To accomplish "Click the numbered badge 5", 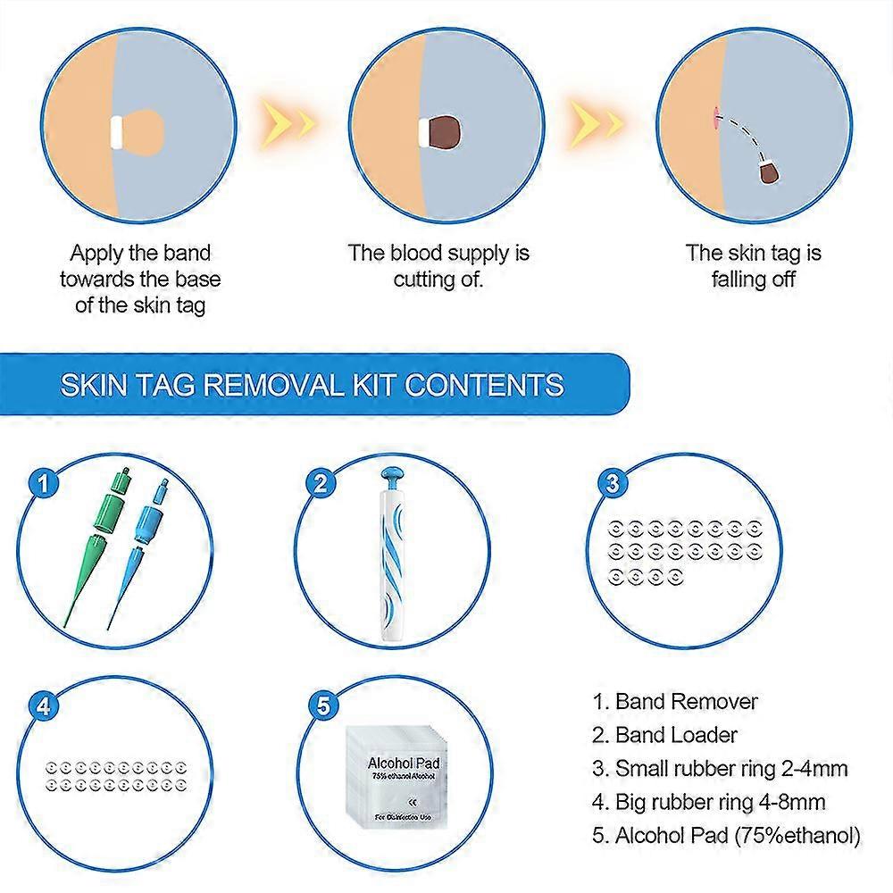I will [x=322, y=705].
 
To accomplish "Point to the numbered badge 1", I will [x=41, y=483].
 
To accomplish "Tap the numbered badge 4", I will [x=41, y=705].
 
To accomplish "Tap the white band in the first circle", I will [x=116, y=131].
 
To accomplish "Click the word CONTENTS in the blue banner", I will [x=484, y=385].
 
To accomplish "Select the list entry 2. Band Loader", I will [x=665, y=735].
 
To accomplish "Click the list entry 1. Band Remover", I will [x=675, y=701].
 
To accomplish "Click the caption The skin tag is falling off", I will [x=753, y=265].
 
